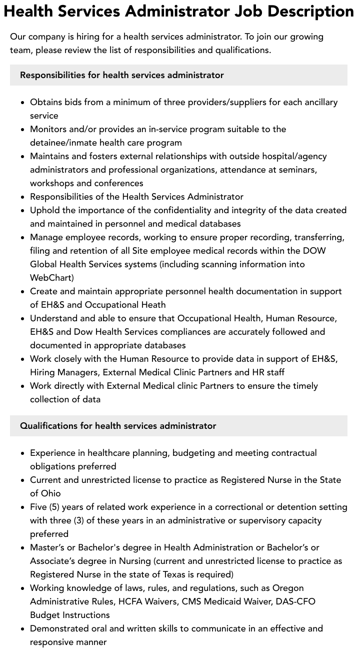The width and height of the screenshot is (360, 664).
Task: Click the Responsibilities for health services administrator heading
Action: coord(121,75)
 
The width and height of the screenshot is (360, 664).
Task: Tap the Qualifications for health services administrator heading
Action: coord(118,426)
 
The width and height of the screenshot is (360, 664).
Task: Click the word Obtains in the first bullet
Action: coord(47,102)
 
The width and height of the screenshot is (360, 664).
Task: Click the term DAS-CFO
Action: coord(295,601)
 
